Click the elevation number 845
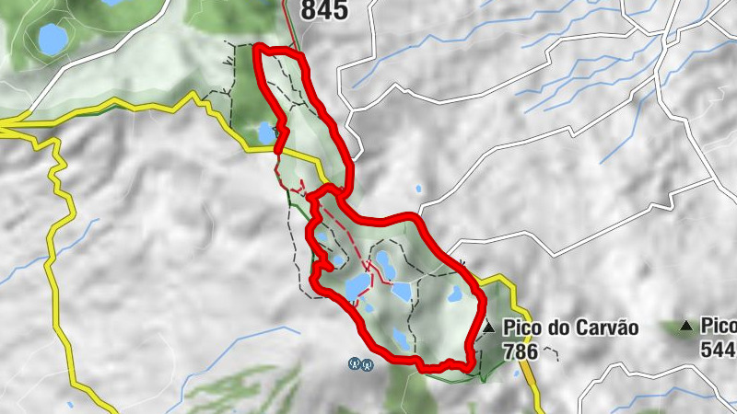pos(324,10)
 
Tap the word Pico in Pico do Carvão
pos(521,328)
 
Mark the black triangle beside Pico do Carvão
pos(488,327)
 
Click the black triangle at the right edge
pos(685,326)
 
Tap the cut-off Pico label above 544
pos(719,327)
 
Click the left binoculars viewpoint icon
pos(354,364)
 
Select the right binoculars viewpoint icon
pos(367,364)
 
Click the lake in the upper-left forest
pos(52,39)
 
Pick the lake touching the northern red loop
pos(266,133)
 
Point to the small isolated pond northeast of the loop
pos(419,189)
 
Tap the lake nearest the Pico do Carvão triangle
pos(455,294)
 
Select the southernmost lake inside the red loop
pos(400,338)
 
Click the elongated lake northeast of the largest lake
pos(385,264)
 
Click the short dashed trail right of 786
pos(551,350)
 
